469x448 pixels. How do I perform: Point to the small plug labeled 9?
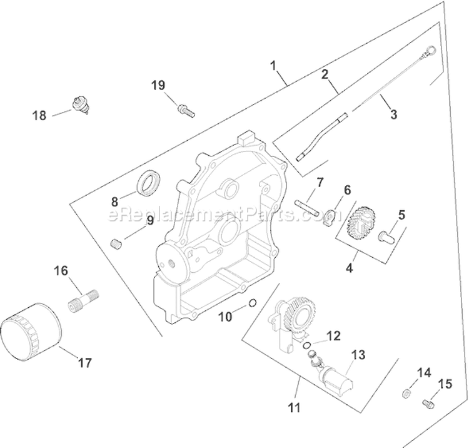[114, 243]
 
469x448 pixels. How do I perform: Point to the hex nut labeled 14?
[405, 393]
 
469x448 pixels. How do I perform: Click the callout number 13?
[357, 354]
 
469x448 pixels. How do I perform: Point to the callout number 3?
[393, 115]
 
